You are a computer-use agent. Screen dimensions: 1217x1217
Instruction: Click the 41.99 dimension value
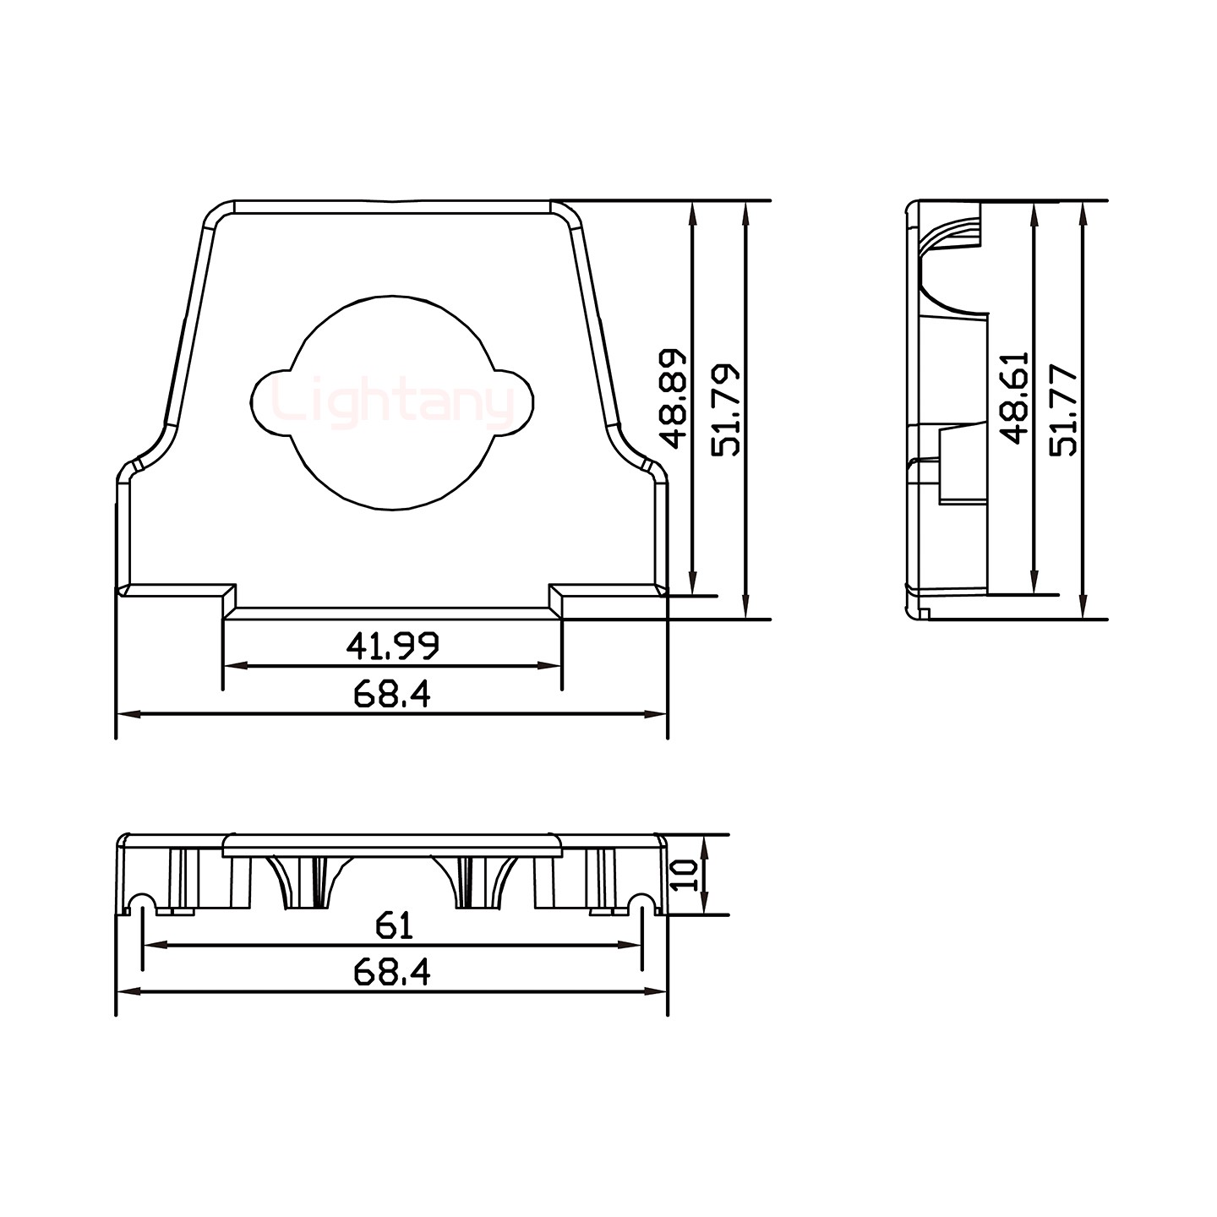[x=392, y=647]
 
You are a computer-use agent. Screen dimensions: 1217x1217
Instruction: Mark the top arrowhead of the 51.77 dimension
[x=1083, y=209]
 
